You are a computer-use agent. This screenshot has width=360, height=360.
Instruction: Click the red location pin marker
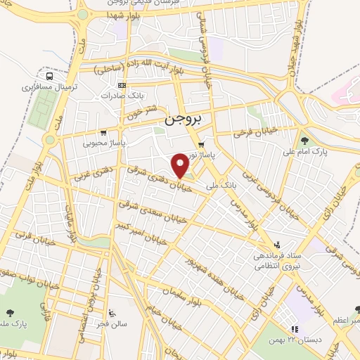point(181,165)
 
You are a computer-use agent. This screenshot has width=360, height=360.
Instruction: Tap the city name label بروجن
point(182,120)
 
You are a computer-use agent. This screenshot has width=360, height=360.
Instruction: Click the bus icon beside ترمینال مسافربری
point(49,76)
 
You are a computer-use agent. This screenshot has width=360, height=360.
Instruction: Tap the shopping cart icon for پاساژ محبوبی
point(103,132)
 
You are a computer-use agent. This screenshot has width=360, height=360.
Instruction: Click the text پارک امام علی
point(303,151)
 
